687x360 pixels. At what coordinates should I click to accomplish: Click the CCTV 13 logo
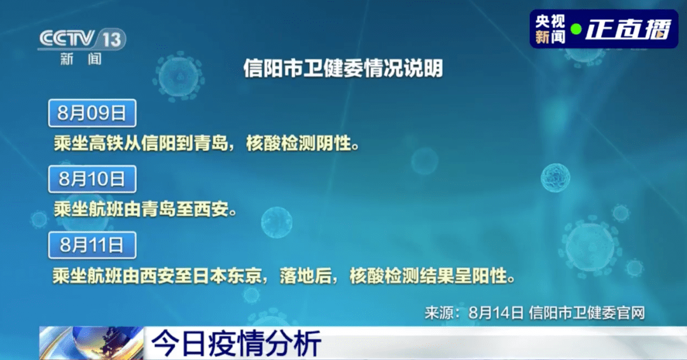[x=82, y=39]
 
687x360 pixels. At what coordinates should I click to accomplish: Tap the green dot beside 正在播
[x=576, y=29]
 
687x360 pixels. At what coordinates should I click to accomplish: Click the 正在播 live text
[x=628, y=29]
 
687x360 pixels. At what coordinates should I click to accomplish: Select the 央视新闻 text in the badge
[x=550, y=29]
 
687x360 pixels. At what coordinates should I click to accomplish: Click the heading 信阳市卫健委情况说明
[x=343, y=68]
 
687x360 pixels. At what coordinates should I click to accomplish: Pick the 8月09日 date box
[x=92, y=113]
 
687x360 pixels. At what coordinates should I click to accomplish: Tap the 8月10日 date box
[x=92, y=179]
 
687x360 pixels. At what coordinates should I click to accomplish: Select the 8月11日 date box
[x=92, y=245]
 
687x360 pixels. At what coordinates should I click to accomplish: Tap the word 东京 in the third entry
[x=244, y=276]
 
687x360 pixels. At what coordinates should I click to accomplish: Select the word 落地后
[x=305, y=276]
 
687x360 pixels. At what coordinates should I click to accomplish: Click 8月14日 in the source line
[x=496, y=313]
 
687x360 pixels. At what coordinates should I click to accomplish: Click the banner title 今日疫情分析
[x=236, y=344]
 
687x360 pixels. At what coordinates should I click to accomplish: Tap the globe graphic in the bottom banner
[x=92, y=343]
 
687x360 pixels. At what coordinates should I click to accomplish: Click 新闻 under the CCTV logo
[x=81, y=59]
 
